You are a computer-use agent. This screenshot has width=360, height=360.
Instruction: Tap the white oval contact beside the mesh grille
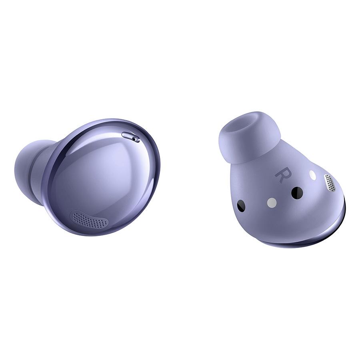(x=312, y=175)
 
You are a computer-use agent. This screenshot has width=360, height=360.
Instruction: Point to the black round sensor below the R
(x=297, y=193)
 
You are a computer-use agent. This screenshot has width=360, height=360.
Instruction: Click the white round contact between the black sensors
(x=272, y=202)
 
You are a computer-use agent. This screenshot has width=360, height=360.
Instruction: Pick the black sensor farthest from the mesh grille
(x=241, y=206)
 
